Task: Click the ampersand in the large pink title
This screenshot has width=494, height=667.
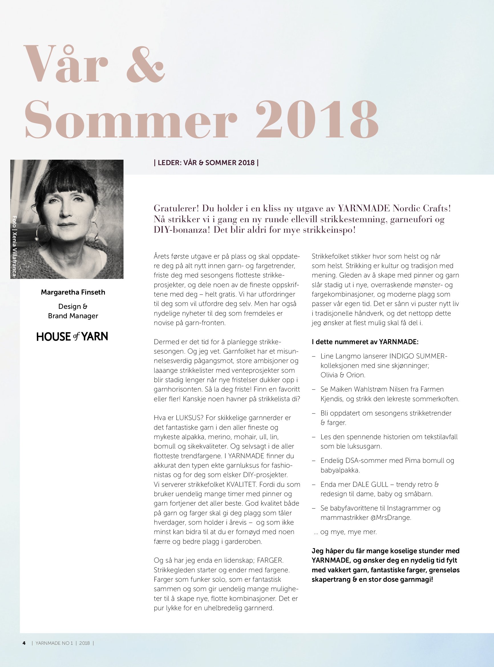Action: [x=146, y=64]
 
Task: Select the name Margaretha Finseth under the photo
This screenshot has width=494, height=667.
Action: [x=73, y=292]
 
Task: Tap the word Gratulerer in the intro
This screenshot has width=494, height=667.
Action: [x=176, y=208]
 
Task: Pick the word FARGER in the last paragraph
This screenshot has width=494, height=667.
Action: [x=270, y=560]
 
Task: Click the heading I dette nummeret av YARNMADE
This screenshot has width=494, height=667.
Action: [x=365, y=342]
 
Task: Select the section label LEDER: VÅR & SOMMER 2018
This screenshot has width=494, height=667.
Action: [x=206, y=163]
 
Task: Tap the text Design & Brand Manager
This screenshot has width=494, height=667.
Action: [x=73, y=311]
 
